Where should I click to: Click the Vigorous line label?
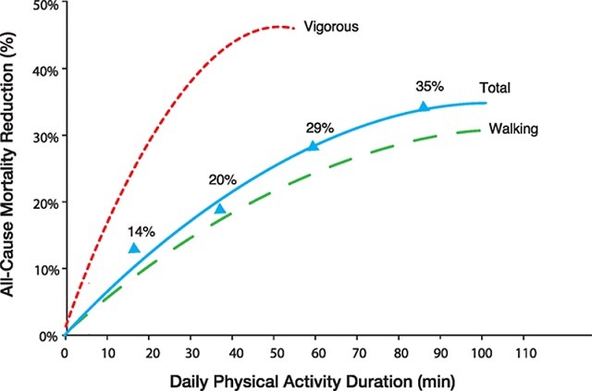tap(332, 28)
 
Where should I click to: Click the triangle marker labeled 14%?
tap(134, 248)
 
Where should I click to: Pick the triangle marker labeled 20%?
tap(220, 209)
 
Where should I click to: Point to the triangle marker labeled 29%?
tap(313, 145)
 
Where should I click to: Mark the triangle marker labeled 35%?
tap(424, 107)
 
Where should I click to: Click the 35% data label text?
tap(430, 86)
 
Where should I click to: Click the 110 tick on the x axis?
tap(524, 352)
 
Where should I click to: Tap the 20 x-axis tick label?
tap(148, 352)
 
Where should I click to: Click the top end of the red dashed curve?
tap(292, 29)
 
